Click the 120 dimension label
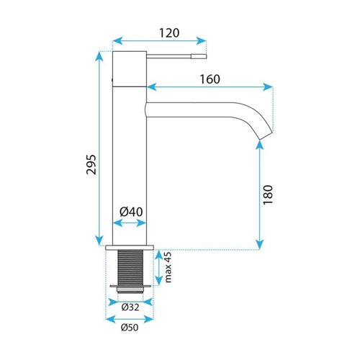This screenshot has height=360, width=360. pyautogui.click(x=169, y=33)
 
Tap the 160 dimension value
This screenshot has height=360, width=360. pyautogui.click(x=210, y=79)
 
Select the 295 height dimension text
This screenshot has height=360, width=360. pyautogui.click(x=91, y=164)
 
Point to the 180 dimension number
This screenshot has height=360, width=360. pyautogui.click(x=268, y=194)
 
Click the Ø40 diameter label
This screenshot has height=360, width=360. pyautogui.click(x=131, y=212)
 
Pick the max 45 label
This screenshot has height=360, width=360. pyautogui.click(x=168, y=267)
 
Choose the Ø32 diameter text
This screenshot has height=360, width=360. pyautogui.click(x=130, y=307)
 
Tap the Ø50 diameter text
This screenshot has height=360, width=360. pyautogui.click(x=130, y=328)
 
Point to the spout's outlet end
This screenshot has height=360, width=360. pyautogui.click(x=266, y=135)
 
